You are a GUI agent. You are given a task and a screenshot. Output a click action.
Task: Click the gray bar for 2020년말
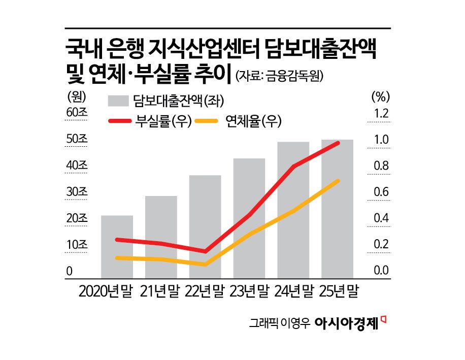(117, 246)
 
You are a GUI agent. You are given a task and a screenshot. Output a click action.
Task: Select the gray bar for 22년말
(205, 226)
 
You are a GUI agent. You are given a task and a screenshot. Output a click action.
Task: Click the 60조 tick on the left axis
(77, 113)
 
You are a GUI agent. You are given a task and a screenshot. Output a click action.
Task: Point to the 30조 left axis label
(77, 192)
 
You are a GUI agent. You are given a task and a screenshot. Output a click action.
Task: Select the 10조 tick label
(77, 245)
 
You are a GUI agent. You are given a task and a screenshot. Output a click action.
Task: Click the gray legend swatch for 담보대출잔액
(118, 101)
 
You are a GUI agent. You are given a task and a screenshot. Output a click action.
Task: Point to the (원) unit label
(77, 95)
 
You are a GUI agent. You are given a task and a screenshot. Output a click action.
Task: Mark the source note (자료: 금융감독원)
(279, 77)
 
